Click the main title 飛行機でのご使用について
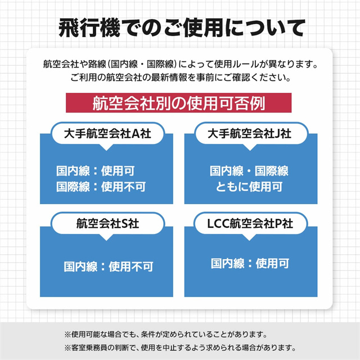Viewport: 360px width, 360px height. tap(182, 28)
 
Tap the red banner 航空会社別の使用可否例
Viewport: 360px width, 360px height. tap(179, 103)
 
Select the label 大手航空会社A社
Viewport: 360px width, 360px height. tap(107, 134)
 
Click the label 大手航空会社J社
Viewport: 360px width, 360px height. tap(249, 134)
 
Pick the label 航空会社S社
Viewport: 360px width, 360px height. tap(107, 223)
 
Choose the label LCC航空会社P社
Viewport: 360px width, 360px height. tap(250, 223)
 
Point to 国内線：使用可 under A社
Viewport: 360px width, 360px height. tap(96, 171)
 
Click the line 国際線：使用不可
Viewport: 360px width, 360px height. tap(101, 187)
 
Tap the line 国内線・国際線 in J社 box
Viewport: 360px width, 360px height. tap(249, 171)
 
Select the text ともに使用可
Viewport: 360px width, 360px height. tap(249, 187)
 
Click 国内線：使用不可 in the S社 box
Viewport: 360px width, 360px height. tap(109, 267)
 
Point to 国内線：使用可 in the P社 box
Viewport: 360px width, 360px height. tap(250, 263)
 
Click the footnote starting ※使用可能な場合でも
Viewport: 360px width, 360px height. tap(166, 334)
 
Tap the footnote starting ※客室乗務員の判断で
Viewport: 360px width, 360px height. tap(180, 348)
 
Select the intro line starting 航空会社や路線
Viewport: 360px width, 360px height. tap(181, 64)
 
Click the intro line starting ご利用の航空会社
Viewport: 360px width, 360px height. tap(181, 78)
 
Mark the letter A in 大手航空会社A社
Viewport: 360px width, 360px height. tap(136, 134)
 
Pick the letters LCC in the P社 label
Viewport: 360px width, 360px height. tap(218, 224)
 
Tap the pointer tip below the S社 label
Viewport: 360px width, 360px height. tap(106, 240)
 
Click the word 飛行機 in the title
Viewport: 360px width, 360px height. tap(89, 28)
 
